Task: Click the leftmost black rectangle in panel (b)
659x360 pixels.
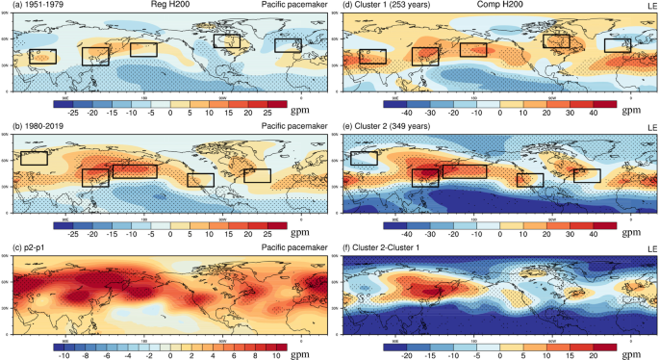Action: (x=35, y=158)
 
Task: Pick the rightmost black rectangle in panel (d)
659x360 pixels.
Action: (x=618, y=45)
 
